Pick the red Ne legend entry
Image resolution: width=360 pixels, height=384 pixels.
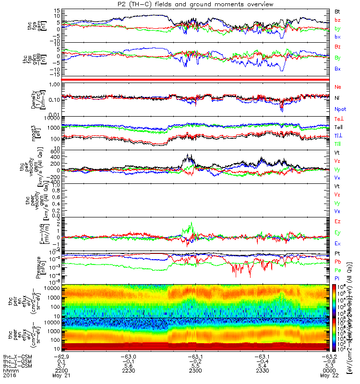(337, 87)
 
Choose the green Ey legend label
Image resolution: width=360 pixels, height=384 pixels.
(337, 232)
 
